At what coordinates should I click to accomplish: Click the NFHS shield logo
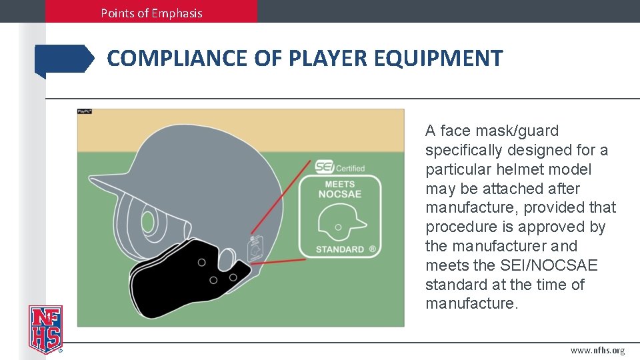45,329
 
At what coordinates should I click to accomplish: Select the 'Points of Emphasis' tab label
151,13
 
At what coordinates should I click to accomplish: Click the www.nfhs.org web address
597,351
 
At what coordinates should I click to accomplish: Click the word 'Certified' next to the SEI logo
350,169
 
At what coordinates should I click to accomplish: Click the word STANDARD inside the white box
340,249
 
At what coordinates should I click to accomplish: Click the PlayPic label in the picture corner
85,111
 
